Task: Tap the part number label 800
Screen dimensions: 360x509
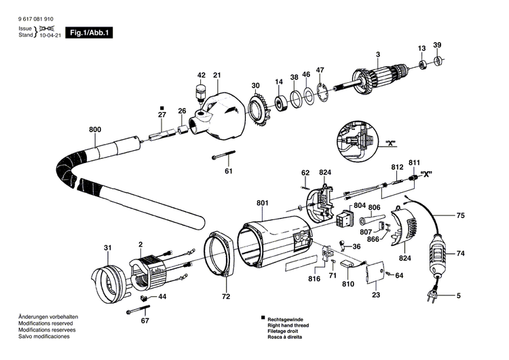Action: pyautogui.click(x=94, y=128)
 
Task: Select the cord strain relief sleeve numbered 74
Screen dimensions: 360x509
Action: pyautogui.click(x=438, y=257)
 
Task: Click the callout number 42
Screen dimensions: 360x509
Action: pyautogui.click(x=202, y=75)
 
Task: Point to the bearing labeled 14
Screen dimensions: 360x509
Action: pyautogui.click(x=278, y=103)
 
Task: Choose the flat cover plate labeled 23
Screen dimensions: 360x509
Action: pyautogui.click(x=375, y=276)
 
